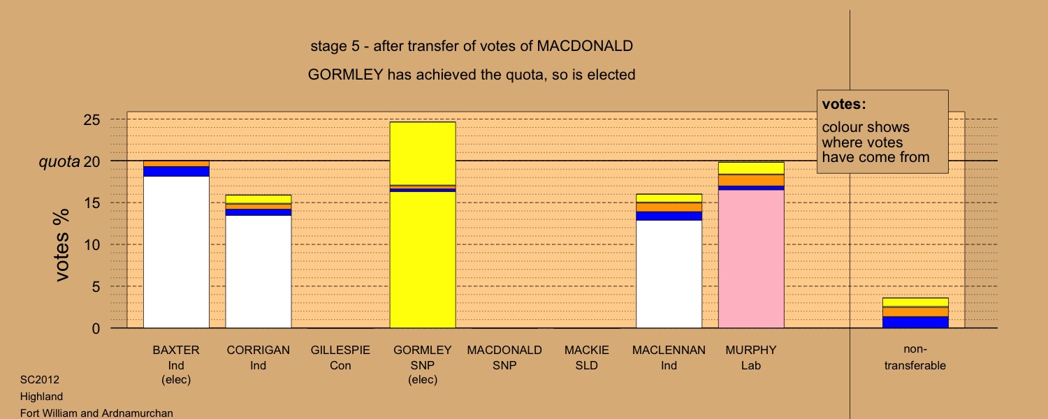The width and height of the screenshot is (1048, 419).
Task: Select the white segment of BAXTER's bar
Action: (x=176, y=252)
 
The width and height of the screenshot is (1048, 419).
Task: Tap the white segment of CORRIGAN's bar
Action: (x=259, y=272)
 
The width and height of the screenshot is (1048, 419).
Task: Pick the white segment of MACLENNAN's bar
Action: (x=669, y=274)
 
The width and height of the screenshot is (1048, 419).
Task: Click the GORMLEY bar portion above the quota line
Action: (x=423, y=141)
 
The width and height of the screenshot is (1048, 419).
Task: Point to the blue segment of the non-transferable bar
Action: (x=915, y=322)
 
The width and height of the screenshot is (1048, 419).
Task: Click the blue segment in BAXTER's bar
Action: (x=176, y=171)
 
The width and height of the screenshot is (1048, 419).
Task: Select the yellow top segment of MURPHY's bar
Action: (x=751, y=168)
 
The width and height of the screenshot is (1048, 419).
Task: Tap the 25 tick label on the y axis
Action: (x=92, y=119)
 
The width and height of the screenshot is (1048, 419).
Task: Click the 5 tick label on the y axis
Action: (x=96, y=286)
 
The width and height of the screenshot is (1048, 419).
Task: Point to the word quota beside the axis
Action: (x=59, y=162)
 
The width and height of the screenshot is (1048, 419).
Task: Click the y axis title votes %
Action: (x=61, y=245)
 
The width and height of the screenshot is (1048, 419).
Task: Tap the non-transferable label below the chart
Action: (x=915, y=358)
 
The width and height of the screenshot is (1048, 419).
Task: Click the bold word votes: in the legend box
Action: (x=844, y=104)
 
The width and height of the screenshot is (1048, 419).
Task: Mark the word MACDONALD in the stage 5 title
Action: (x=585, y=46)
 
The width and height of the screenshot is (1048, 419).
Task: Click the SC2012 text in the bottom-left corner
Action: (x=40, y=379)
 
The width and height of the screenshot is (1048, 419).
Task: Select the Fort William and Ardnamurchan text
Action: (x=96, y=413)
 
